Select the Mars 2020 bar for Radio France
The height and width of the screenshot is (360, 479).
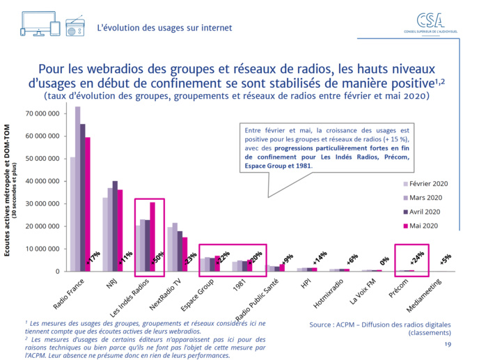(78, 188)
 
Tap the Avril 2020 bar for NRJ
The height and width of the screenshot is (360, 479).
(114, 226)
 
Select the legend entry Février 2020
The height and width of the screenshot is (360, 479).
(429, 184)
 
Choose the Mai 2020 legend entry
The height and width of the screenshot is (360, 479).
(425, 226)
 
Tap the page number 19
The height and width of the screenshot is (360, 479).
(447, 345)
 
